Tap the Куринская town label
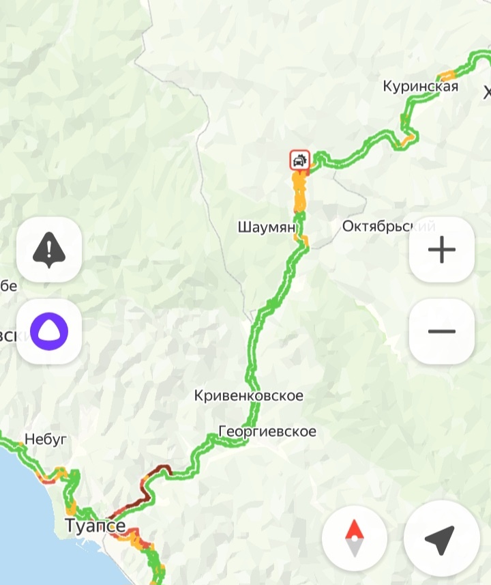pyautogui.click(x=420, y=87)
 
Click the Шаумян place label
pyautogui.click(x=267, y=226)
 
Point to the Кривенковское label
pyautogui.click(x=248, y=395)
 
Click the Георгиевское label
pyautogui.click(x=267, y=431)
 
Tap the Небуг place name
pyautogui.click(x=46, y=439)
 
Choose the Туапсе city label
pyautogui.click(x=95, y=526)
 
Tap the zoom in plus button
pyautogui.click(x=441, y=250)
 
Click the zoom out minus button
pyautogui.click(x=441, y=331)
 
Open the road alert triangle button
pyautogui.click(x=49, y=250)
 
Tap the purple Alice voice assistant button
pyautogui.click(x=49, y=331)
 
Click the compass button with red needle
pyautogui.click(x=355, y=539)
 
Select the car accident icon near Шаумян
pyautogui.click(x=299, y=161)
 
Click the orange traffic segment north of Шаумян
pyautogui.click(x=299, y=195)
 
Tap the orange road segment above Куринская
pyautogui.click(x=447, y=74)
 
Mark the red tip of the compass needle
pyautogui.click(x=355, y=529)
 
